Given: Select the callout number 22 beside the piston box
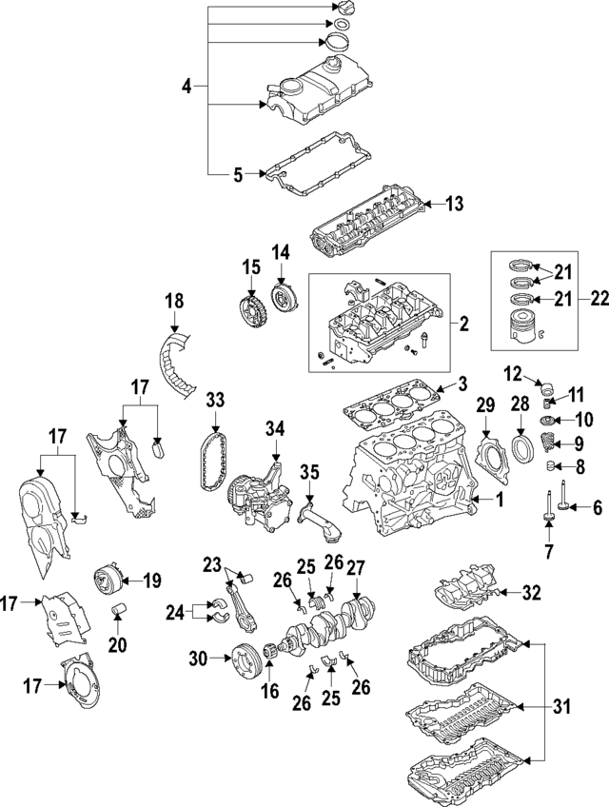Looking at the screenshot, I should coord(599,299).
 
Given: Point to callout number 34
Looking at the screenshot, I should coord(275,431).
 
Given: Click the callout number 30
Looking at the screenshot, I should coord(196,657).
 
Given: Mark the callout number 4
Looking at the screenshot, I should coord(187,88).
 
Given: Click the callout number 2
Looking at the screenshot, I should coord(463,325).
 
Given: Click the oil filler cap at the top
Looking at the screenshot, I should coord(344,9).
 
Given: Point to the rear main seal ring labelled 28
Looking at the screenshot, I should coord(523,447).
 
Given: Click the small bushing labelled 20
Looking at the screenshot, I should coord(118,609).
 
